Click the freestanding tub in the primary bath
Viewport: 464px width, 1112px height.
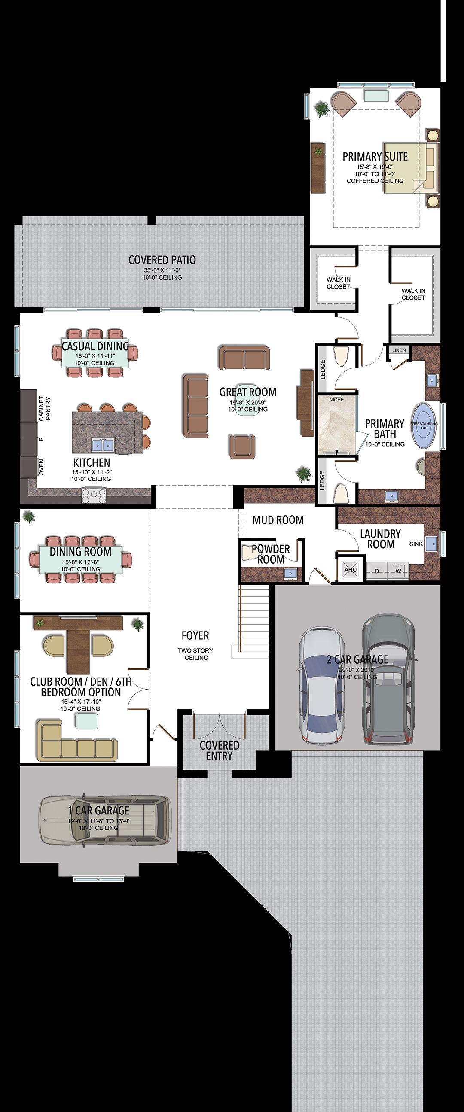(x=424, y=426)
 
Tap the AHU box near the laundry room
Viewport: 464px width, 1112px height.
(x=351, y=570)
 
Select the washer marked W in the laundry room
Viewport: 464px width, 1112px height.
(x=398, y=571)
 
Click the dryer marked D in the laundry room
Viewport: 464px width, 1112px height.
(x=377, y=571)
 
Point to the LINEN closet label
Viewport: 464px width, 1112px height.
(x=399, y=350)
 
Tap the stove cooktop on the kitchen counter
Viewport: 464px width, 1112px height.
(x=94, y=495)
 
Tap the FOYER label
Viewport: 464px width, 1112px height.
(x=195, y=635)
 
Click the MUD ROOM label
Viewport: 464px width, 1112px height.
(x=278, y=520)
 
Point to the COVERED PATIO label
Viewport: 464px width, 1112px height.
(x=162, y=260)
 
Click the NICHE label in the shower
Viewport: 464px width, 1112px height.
(x=336, y=400)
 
